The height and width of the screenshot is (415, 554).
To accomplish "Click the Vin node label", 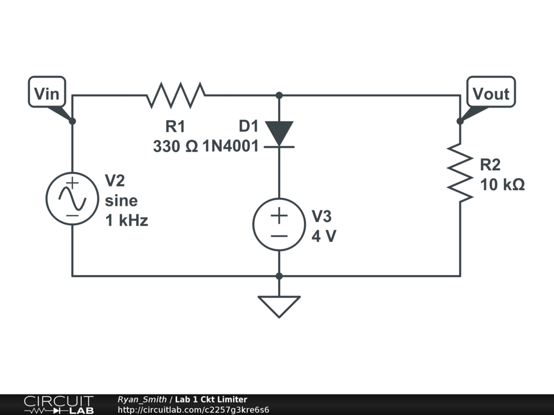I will (47, 93).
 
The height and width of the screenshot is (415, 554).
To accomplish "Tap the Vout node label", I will (491, 93).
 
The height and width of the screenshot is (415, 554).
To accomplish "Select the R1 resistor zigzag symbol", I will (175, 95).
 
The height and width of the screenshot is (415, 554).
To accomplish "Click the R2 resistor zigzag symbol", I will (460, 173).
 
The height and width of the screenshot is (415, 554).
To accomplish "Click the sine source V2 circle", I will (72, 198).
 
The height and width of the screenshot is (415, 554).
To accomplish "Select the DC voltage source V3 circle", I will (279, 224).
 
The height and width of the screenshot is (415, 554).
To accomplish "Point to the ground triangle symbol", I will (279, 305).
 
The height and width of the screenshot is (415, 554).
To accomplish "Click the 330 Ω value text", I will (175, 146).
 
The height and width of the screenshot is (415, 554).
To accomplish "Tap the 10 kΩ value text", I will (502, 185).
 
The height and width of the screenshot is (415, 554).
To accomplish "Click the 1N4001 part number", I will (230, 146).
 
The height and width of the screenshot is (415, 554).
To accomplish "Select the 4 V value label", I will (324, 236).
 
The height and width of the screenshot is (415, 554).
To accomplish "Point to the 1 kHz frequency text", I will (127, 220).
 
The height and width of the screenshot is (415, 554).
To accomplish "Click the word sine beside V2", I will (121, 201).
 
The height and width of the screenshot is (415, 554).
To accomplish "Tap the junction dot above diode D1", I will (279, 96).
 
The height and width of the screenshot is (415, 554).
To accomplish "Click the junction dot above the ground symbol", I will (279, 276).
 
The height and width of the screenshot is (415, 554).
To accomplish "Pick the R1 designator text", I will (175, 127).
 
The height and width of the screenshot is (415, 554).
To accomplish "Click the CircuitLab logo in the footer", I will (58, 405).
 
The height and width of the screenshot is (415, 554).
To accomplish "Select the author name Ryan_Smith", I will (142, 399).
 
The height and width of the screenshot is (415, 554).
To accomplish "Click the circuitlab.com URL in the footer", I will (193, 410).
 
